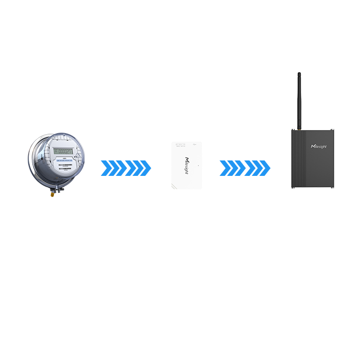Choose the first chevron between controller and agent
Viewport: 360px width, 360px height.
pyautogui.click(x=232, y=168)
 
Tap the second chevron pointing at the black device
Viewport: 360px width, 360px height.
pyautogui.click(x=257, y=168)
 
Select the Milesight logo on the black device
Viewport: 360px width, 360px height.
pyautogui.click(x=319, y=147)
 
